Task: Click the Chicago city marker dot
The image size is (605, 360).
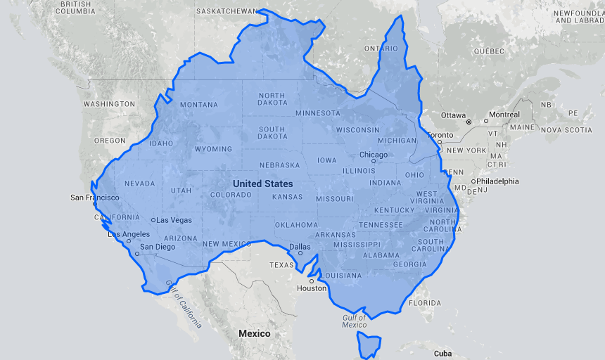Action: pos(374,161)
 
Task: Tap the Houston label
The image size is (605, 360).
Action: pos(312,288)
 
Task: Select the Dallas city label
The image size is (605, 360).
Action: pos(300,246)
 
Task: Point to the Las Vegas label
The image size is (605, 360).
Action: pos(174,220)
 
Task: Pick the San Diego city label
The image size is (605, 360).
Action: pos(158,247)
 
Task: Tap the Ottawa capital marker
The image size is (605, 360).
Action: pos(468,122)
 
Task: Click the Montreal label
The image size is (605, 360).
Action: pos(504,115)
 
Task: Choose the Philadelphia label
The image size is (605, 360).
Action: pos(497,181)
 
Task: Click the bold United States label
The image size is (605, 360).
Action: pos(263,184)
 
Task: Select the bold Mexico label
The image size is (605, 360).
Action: pos(254,333)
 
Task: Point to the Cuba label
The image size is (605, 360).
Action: pos(442,353)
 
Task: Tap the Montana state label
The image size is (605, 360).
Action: pos(199,105)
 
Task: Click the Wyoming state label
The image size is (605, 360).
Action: pos(213,149)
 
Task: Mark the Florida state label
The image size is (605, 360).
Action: pos(424,303)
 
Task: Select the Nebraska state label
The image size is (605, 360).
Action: pos(279,165)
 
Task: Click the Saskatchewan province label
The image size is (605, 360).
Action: pos(227,12)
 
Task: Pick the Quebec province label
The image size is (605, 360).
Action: pos(490,51)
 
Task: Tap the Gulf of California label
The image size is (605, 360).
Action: pos(184,304)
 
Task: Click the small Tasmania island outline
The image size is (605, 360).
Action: pos(368,345)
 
